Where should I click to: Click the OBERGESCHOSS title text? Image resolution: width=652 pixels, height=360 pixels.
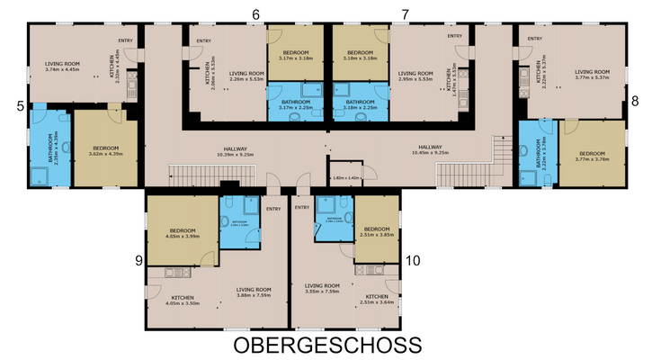pos(327,346)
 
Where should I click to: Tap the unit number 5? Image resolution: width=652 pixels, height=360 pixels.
pos(20,105)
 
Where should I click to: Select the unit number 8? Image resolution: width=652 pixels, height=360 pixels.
pos(635,101)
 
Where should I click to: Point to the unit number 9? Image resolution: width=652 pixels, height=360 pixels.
pos(138,261)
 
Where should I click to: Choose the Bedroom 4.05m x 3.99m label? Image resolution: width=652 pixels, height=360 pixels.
pos(182,234)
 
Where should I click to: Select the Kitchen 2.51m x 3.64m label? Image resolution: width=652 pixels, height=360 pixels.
pos(377,299)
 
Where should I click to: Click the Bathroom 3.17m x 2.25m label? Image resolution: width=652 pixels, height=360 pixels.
pos(296,104)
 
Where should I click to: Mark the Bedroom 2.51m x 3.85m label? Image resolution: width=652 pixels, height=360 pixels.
pos(377,231)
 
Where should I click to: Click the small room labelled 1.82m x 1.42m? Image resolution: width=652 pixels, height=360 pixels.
pos(344,178)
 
